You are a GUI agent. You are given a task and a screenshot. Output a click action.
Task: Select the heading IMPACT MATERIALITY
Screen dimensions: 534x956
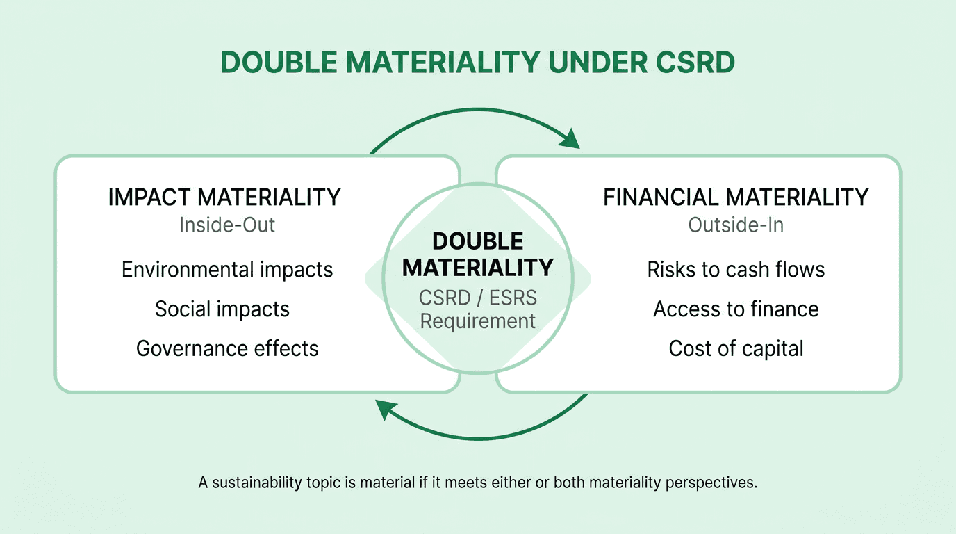point(224,197)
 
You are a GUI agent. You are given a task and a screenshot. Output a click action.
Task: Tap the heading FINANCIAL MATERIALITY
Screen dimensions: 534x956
point(736,197)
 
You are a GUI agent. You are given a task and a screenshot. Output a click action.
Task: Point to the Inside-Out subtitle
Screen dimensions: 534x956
point(227,225)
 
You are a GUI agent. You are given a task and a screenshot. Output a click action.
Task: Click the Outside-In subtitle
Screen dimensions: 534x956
point(736,225)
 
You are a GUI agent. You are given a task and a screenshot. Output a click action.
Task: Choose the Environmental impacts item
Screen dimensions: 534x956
point(227,270)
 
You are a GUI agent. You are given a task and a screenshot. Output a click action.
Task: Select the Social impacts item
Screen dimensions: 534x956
point(222,309)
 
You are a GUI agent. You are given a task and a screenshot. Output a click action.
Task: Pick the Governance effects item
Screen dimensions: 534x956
point(227,348)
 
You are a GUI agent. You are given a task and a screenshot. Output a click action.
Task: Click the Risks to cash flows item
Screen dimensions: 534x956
point(736,270)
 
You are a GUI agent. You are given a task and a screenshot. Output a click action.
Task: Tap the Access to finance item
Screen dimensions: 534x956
point(736,309)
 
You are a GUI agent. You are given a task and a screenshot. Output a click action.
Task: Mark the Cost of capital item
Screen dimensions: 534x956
point(736,348)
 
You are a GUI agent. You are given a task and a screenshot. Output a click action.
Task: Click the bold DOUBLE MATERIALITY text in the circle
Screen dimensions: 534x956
point(478,254)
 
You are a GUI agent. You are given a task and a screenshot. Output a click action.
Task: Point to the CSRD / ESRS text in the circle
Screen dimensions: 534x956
point(478,298)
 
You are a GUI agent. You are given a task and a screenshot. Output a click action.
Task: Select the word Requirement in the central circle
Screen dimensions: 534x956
point(478,321)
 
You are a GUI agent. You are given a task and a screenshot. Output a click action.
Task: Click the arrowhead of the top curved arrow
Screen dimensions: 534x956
point(570,138)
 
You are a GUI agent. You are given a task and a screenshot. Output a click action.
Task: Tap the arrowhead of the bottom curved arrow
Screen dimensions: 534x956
point(385,410)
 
